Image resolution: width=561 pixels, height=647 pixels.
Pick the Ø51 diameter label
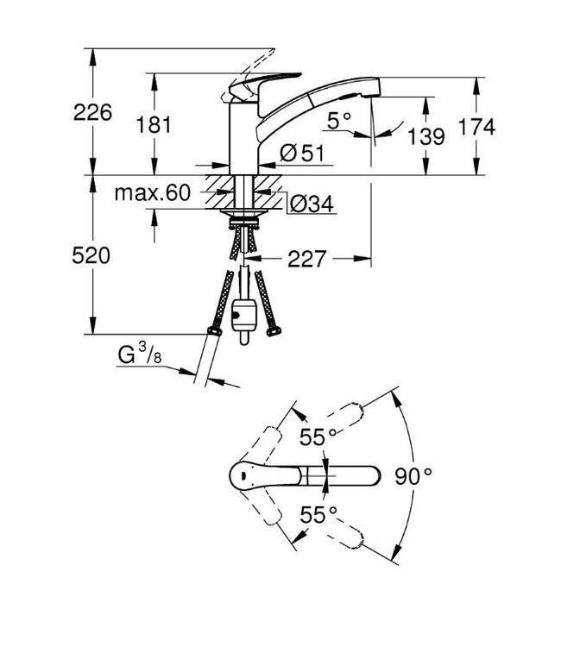(301, 154)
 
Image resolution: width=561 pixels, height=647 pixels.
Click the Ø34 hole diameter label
(306, 204)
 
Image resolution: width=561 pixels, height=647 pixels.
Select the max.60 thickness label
(151, 193)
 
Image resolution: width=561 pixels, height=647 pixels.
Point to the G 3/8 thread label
(139, 354)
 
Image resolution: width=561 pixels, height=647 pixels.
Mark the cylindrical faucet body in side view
(243, 138)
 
